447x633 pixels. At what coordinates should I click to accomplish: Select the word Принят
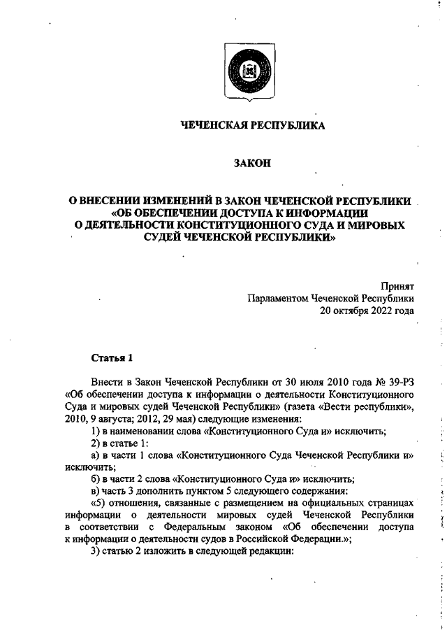(x=397, y=286)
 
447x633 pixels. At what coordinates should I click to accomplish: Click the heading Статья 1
(x=112, y=359)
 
